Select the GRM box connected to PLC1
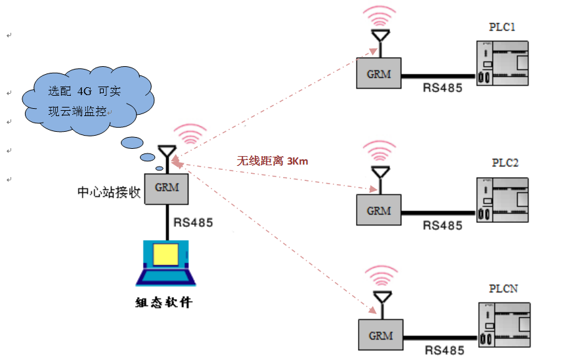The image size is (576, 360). (x=379, y=73)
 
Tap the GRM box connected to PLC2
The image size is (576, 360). (x=379, y=210)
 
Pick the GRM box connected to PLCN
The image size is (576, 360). (x=380, y=336)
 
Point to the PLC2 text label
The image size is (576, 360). (x=505, y=163)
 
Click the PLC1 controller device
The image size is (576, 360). (x=502, y=63)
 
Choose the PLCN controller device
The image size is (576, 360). (x=503, y=325)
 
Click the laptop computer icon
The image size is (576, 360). (x=166, y=263)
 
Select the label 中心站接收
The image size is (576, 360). (x=109, y=193)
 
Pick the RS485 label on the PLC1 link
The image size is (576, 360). (x=442, y=87)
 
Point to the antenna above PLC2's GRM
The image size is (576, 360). (x=379, y=172)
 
